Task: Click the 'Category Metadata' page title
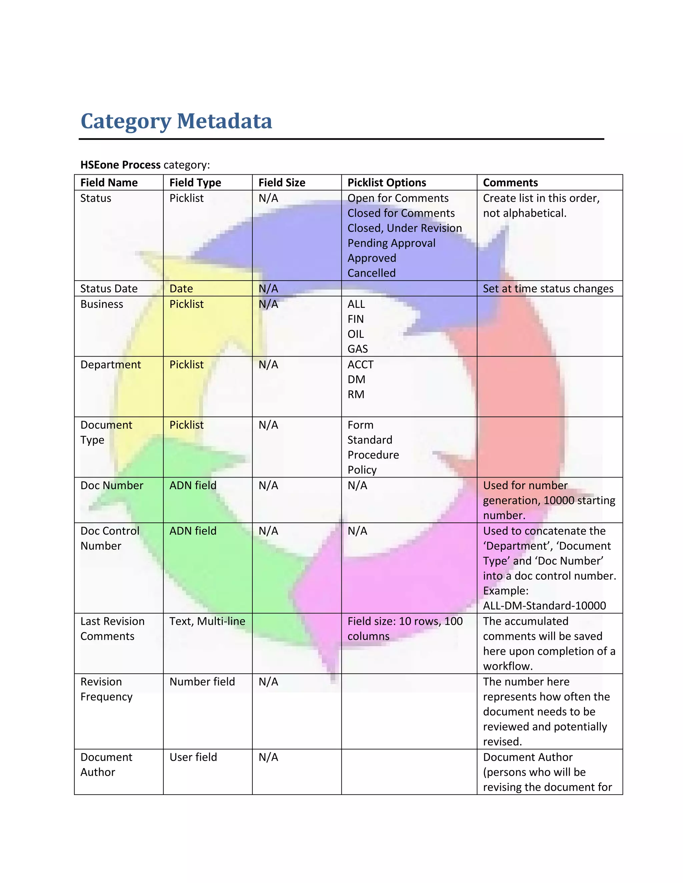176,121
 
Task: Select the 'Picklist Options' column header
387,183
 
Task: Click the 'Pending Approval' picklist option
391,243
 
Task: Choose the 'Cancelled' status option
372,273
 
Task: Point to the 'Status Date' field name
109,289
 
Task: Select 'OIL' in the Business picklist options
356,334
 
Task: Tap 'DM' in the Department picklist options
356,379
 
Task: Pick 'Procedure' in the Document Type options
373,455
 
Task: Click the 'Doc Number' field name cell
112,485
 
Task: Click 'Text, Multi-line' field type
207,621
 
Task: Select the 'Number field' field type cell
202,682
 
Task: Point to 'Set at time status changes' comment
548,289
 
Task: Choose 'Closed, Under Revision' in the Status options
404,228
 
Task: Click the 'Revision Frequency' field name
106,689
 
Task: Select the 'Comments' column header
510,183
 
